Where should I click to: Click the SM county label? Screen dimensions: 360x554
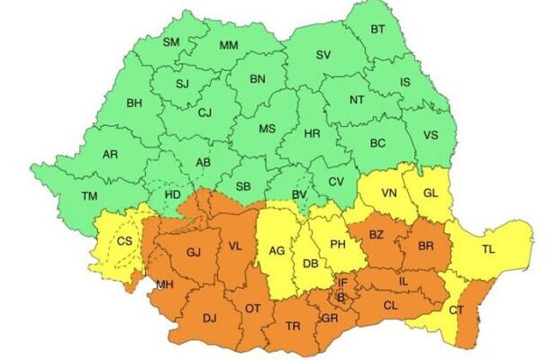[x=171, y=42]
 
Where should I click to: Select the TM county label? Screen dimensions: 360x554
[x=88, y=196]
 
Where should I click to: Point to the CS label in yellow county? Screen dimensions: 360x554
[x=124, y=241]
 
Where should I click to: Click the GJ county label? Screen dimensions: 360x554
[x=193, y=253]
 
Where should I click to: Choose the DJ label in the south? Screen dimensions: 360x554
[x=209, y=317]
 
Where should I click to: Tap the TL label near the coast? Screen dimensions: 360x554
[x=488, y=249]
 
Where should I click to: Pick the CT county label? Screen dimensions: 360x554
[x=456, y=310]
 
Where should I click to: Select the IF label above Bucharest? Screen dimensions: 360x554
[x=342, y=283]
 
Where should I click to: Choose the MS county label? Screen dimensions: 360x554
[x=268, y=129]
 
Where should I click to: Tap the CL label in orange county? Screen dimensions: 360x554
[x=391, y=305]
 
